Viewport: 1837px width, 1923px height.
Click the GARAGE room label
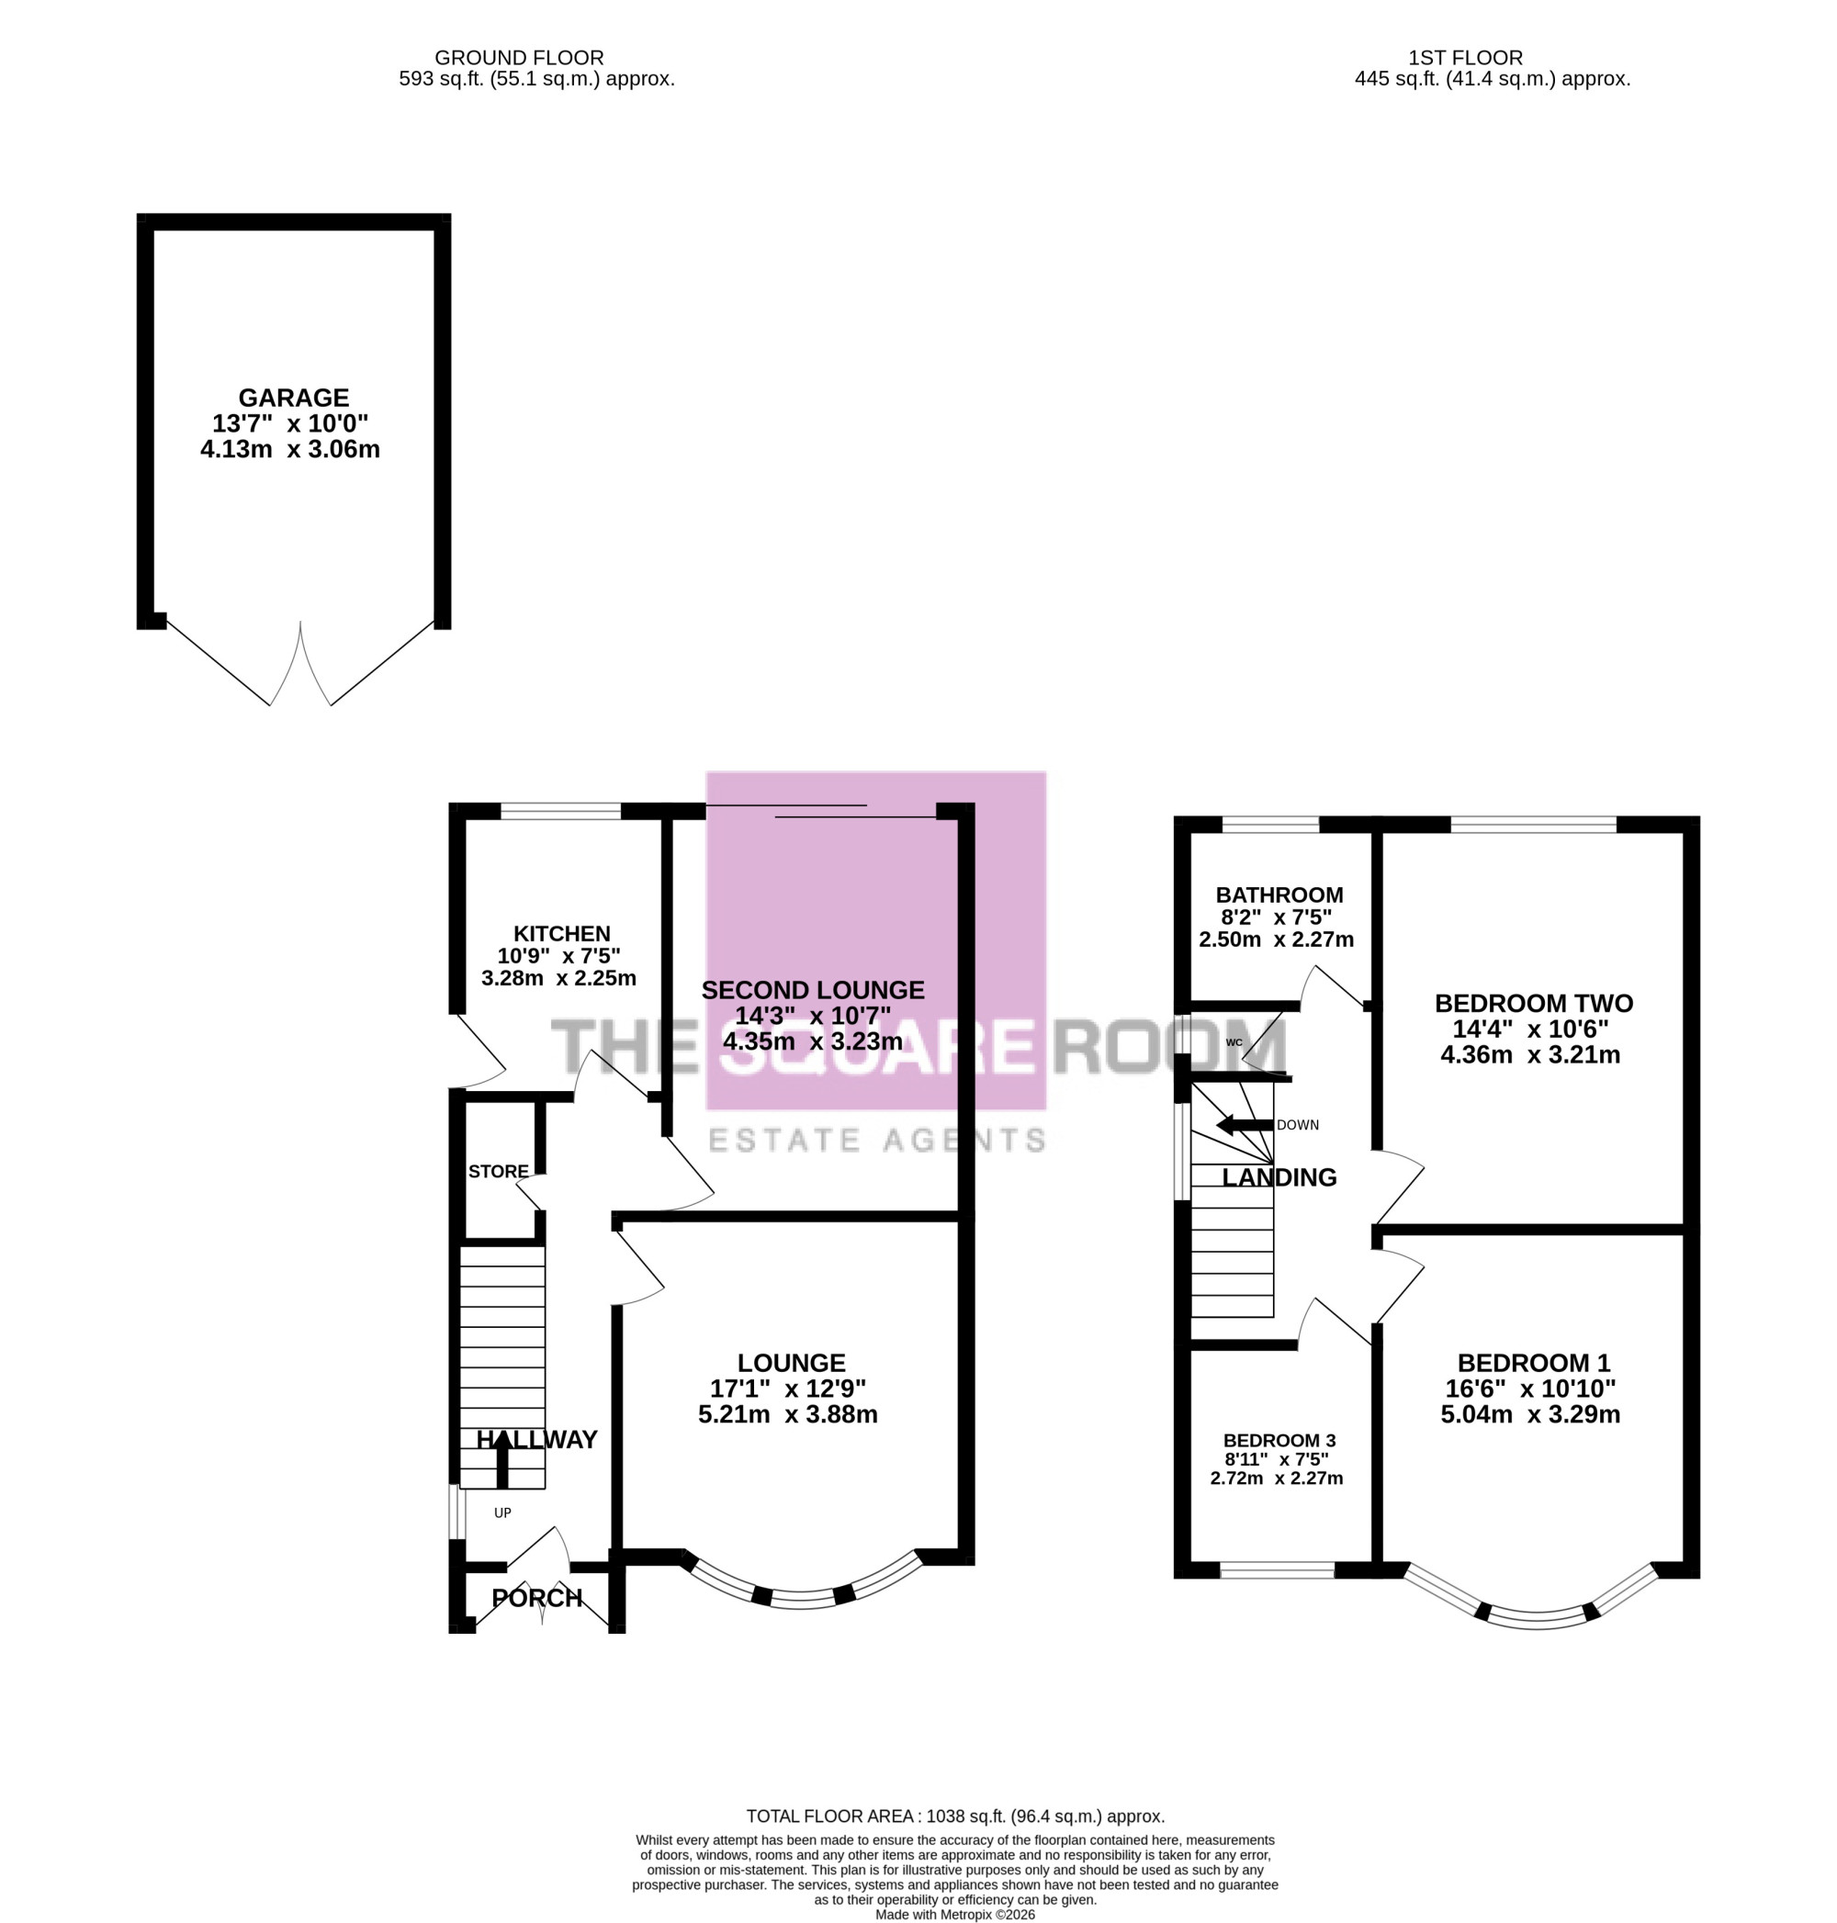tap(294, 398)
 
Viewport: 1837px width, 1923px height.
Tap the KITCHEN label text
tap(562, 934)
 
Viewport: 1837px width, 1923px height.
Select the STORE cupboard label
tap(499, 1171)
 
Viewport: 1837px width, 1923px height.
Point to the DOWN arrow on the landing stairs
tap(1245, 1125)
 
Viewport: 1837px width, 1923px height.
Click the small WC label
tap(1234, 1041)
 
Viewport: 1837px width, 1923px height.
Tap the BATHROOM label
tap(1279, 894)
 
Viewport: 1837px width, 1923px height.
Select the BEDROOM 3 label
tap(1279, 1440)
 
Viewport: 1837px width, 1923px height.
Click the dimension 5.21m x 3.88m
tap(787, 1414)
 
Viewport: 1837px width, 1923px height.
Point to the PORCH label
tap(536, 1598)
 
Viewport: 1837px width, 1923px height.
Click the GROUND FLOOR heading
tap(519, 58)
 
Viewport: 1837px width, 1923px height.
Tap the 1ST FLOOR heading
tap(1466, 58)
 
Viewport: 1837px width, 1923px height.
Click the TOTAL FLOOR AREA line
tap(956, 1816)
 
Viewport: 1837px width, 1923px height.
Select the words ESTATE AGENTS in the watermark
tap(876, 1140)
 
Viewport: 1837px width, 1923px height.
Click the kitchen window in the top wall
tap(560, 811)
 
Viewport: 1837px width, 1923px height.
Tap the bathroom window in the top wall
tap(1271, 825)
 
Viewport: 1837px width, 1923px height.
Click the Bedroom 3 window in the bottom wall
tap(1278, 1570)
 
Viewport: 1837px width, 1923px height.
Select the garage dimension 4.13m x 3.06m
tap(290, 449)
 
